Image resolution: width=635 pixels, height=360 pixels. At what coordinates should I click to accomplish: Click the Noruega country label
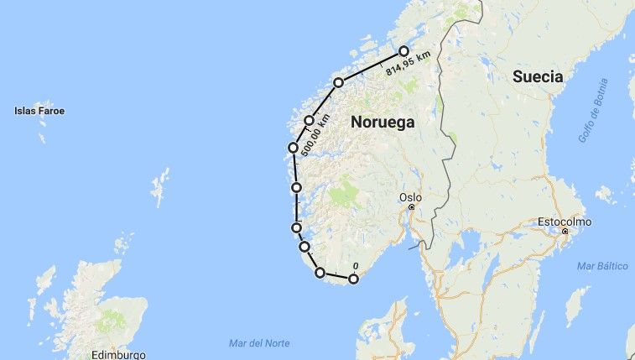[383, 122]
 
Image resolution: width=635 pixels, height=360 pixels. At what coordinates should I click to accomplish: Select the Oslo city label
[410, 198]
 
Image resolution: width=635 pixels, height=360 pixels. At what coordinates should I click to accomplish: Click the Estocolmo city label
[565, 222]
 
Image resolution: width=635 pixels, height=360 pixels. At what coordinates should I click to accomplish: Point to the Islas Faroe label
[39, 111]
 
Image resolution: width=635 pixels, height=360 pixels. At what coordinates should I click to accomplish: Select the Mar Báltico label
[602, 266]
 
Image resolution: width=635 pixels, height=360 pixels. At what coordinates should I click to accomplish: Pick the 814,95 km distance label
[409, 64]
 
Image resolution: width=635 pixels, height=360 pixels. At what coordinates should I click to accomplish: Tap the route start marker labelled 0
[353, 279]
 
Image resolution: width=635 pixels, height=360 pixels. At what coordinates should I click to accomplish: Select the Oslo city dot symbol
[411, 207]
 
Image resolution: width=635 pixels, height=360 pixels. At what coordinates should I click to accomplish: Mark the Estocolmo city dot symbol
[565, 231]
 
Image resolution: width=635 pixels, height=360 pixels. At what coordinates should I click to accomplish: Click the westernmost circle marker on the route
[293, 148]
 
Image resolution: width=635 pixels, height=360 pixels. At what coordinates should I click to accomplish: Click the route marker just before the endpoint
[338, 82]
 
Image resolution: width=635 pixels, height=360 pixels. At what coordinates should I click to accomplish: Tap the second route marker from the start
[320, 273]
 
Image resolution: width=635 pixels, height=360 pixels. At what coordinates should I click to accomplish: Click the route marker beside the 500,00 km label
[310, 121]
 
